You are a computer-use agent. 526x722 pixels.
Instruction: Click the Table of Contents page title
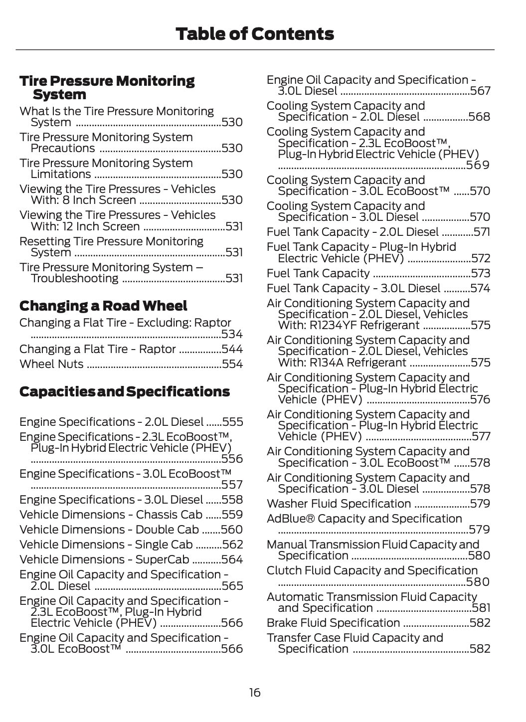255,34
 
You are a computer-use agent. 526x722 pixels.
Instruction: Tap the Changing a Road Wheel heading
103,306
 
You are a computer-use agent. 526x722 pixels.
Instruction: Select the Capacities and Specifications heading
125,391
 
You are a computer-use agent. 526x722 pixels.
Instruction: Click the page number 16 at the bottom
255,693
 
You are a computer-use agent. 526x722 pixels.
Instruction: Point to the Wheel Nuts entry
51,364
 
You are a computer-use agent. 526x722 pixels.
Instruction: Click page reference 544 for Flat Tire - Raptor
232,349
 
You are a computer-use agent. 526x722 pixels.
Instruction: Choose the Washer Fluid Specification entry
339,504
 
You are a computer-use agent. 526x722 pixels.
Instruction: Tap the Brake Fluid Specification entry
333,623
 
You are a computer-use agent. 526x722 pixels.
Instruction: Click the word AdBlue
287,519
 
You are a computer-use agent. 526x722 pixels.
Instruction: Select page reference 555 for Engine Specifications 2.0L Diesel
233,422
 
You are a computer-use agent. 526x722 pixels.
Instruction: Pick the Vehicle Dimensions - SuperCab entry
104,559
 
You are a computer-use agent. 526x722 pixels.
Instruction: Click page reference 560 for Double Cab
232,530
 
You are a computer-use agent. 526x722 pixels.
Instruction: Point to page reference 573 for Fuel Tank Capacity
481,273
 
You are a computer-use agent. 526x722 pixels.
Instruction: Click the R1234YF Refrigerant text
349,325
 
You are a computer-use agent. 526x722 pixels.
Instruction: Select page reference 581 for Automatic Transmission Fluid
481,608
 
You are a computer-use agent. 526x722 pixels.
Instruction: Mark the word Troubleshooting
74,278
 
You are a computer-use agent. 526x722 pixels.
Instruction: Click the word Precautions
63,148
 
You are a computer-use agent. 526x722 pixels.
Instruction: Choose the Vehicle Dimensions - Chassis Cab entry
111,515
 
